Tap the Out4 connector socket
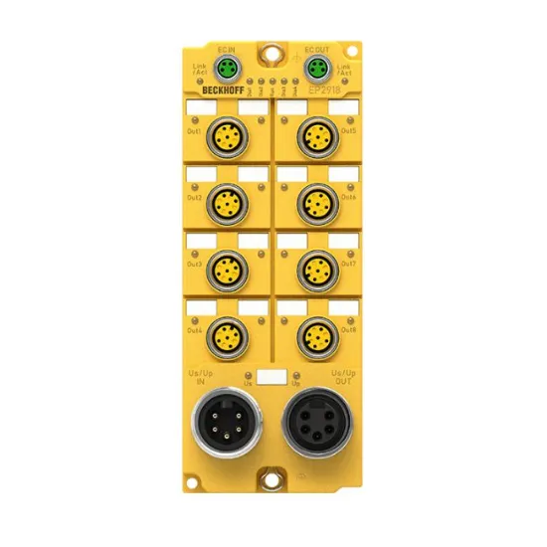[226, 331]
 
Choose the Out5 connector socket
[317, 134]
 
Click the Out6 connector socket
[317, 199]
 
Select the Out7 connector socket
[317, 265]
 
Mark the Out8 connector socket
[317, 331]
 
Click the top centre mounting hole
[272, 50]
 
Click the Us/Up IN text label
[200, 379]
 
